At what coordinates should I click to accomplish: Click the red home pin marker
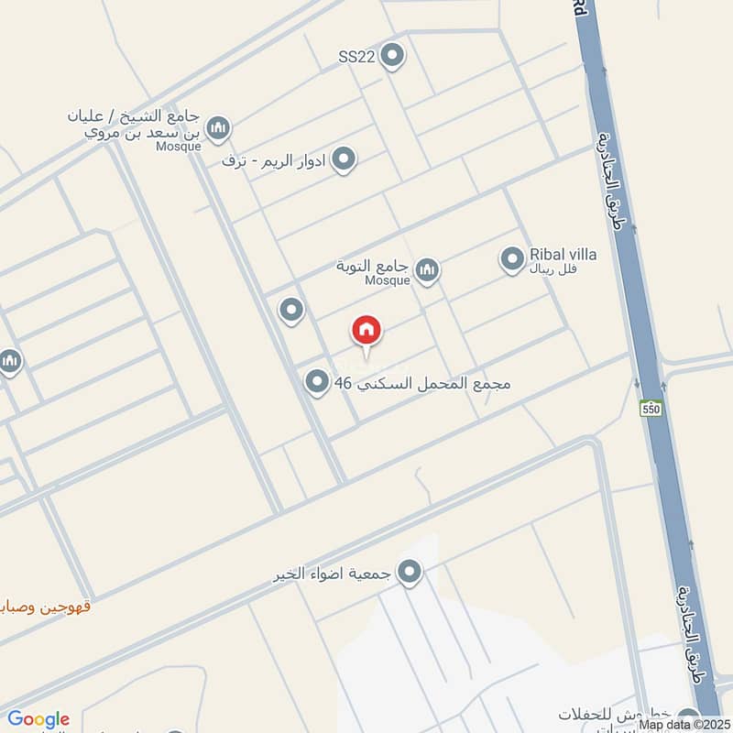[x=366, y=331]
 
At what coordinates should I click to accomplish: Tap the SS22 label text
[x=357, y=57]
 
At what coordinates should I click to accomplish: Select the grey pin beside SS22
[x=392, y=56]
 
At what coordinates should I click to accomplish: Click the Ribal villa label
[x=563, y=255]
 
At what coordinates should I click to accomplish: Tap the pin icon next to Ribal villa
[x=512, y=259]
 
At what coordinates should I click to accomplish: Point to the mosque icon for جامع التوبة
[x=426, y=269]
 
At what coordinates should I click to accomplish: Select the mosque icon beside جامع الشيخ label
[x=217, y=128]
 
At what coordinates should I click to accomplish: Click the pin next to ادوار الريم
[x=344, y=160]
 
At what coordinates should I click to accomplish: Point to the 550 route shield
[x=651, y=408]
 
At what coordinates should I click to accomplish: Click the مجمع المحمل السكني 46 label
[x=422, y=383]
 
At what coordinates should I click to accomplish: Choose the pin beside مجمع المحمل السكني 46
[x=317, y=382]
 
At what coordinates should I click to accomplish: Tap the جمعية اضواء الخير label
[x=333, y=574]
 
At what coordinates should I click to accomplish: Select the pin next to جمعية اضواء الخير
[x=409, y=574]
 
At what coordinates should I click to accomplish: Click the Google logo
[x=38, y=719]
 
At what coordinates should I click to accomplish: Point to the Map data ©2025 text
[x=685, y=725]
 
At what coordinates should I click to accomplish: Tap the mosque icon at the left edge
[x=9, y=361]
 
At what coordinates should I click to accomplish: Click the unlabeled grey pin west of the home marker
[x=291, y=311]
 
